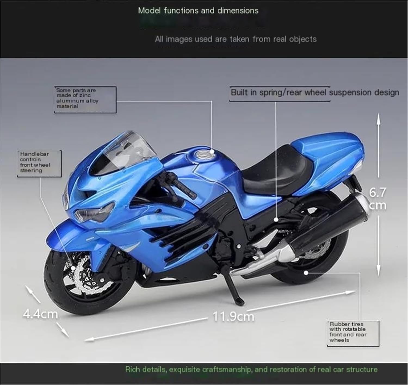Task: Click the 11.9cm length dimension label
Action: [x=233, y=316]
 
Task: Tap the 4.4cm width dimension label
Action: [x=40, y=314]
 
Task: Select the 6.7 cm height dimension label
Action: [x=378, y=199]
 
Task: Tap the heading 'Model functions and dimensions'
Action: [x=198, y=11]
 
